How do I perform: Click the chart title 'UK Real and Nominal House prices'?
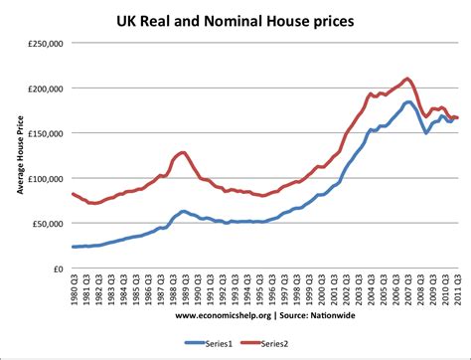pyautogui.click(x=244, y=19)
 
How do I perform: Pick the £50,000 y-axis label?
pyautogui.click(x=48, y=224)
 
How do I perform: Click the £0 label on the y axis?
pyautogui.click(x=60, y=269)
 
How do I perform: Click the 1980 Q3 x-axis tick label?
pyautogui.click(x=76, y=294)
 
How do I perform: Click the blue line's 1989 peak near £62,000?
pyautogui.click(x=183, y=212)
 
